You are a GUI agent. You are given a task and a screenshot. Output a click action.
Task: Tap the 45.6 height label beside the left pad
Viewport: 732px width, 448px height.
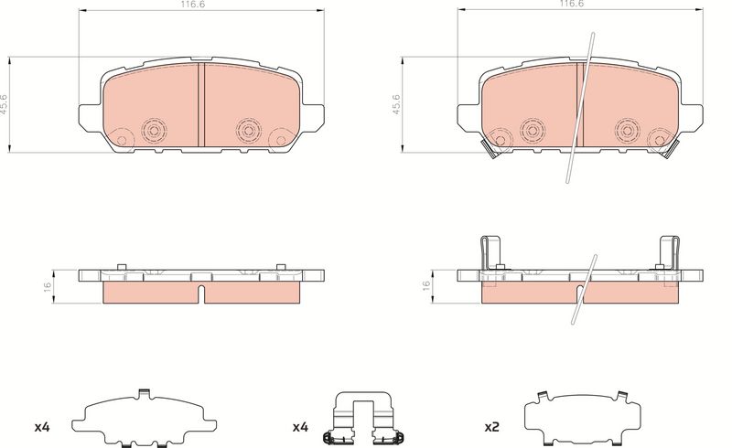click(4, 104)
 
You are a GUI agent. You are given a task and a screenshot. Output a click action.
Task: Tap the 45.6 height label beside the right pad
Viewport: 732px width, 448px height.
click(396, 104)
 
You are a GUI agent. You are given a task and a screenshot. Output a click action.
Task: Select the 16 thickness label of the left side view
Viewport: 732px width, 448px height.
click(48, 286)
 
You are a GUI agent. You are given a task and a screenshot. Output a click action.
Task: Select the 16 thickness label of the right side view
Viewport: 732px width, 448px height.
click(426, 286)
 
